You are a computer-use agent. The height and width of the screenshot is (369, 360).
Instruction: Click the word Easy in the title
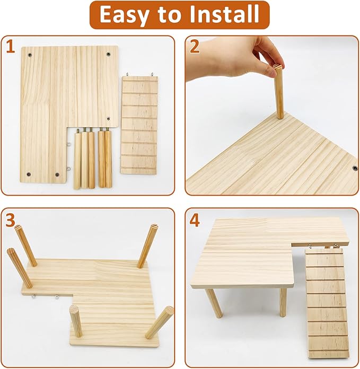[125, 15]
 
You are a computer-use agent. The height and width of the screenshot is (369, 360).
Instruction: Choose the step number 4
[194, 218]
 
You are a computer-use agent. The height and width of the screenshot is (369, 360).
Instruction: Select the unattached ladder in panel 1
[139, 125]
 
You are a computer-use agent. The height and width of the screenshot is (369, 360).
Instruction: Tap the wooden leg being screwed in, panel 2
[278, 90]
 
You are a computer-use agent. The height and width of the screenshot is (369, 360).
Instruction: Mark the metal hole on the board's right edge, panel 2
[354, 168]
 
